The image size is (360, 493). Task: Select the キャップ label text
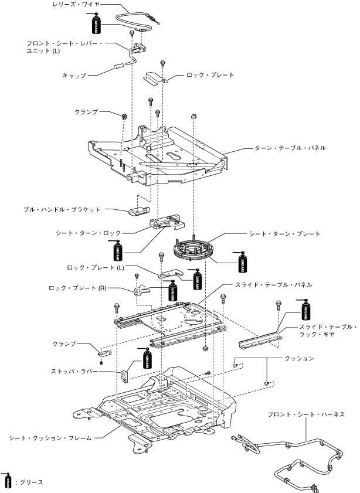74,76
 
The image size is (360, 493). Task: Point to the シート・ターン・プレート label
285,233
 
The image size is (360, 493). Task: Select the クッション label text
299,358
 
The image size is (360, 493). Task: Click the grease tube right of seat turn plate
241,261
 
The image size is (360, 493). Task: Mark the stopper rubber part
126,373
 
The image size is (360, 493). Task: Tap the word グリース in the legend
32,482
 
